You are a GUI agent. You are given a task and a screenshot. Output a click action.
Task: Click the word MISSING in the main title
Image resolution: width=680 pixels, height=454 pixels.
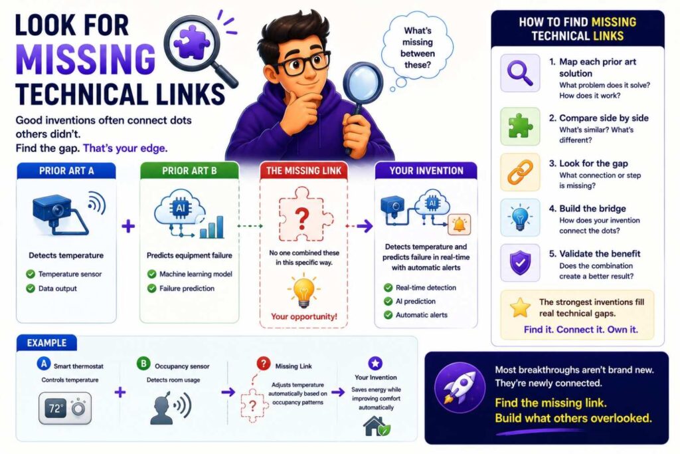[x=86, y=58]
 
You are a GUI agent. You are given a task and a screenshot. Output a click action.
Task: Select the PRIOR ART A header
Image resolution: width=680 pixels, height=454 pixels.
[x=66, y=171]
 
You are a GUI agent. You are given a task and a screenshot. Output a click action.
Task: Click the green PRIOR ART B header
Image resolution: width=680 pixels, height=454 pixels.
[x=189, y=171]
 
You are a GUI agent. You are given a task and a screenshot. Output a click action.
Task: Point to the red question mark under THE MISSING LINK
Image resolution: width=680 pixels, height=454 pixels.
[x=302, y=218]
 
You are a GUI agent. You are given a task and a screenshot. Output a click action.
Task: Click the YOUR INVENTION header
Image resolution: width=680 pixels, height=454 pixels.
[x=426, y=171]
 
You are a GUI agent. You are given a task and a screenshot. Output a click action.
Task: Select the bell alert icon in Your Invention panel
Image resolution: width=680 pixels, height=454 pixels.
[x=459, y=225]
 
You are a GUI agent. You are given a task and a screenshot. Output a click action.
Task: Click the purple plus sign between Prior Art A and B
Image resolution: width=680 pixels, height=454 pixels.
[x=128, y=226]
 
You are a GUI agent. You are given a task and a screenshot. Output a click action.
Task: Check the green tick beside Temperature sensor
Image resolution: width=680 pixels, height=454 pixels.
[x=31, y=274]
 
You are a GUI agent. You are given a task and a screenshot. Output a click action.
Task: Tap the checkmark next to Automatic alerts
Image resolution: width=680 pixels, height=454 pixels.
[x=388, y=314]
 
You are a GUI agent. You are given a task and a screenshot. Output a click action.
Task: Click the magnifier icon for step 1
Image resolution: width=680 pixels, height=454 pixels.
[x=520, y=72]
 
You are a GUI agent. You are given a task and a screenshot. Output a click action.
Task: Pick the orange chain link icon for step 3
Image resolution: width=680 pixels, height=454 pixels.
[x=520, y=172]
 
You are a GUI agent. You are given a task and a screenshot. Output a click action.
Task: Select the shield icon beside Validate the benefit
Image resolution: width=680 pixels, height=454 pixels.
[x=520, y=263]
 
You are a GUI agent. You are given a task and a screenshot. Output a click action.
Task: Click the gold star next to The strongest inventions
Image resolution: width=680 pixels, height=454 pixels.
[x=520, y=308]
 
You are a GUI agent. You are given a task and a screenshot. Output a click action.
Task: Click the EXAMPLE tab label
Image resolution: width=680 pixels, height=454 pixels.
[x=47, y=343]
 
